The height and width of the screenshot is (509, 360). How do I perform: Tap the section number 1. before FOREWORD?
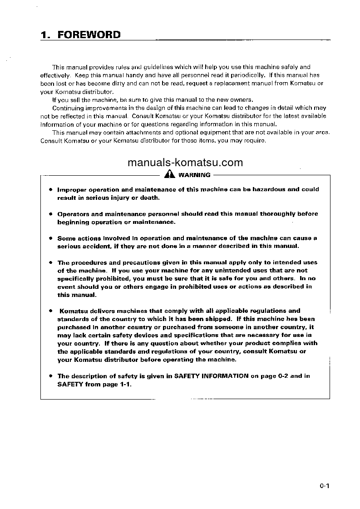pyautogui.click(x=45, y=35)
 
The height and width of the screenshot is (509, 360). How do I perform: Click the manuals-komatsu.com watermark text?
pyautogui.click(x=185, y=163)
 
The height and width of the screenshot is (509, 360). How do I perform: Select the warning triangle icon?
pyautogui.click(x=169, y=174)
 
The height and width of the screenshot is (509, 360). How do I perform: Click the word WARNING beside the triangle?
pyautogui.click(x=194, y=175)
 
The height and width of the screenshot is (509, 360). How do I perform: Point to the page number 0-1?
pyautogui.click(x=324, y=486)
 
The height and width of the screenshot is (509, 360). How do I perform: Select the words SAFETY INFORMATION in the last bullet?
pyautogui.click(x=211, y=376)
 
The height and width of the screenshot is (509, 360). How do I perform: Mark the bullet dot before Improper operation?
pyautogui.click(x=51, y=189)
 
